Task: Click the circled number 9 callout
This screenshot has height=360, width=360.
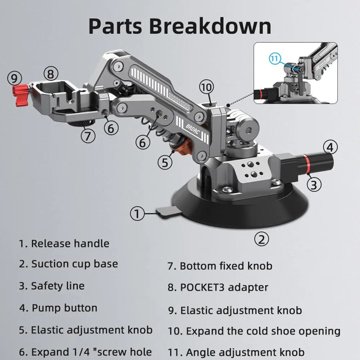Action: coord(14,78)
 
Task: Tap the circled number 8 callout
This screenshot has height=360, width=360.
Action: coord(51,74)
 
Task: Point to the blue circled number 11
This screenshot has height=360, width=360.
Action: coord(274,58)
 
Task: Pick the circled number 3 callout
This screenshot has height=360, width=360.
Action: coord(314,184)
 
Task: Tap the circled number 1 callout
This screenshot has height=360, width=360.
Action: coord(137,214)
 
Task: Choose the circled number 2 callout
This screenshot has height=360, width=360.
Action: coord(262,239)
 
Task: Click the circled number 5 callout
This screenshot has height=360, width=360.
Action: coord(164,163)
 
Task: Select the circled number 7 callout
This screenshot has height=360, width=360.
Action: coord(88,136)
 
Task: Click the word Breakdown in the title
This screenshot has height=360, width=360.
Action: coord(210,26)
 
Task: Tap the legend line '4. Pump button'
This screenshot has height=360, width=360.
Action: coord(58,308)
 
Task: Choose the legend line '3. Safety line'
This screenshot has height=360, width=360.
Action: coord(52,286)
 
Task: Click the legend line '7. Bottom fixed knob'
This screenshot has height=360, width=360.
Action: coord(220,266)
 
